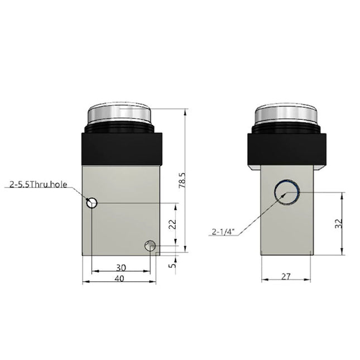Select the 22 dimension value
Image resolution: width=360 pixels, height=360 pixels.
click(172, 224)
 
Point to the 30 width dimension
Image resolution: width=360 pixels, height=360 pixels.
click(120, 267)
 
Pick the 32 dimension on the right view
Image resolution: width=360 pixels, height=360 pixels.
click(338, 223)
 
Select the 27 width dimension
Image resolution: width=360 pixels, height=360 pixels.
click(286, 275)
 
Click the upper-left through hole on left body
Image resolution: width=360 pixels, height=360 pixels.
click(92, 203)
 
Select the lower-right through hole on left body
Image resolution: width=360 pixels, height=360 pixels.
click(150, 245)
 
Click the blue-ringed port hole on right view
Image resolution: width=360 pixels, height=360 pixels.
click(286, 191)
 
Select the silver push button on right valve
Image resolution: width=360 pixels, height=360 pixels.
click(287, 116)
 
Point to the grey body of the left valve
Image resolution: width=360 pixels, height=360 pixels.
click(120, 223)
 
